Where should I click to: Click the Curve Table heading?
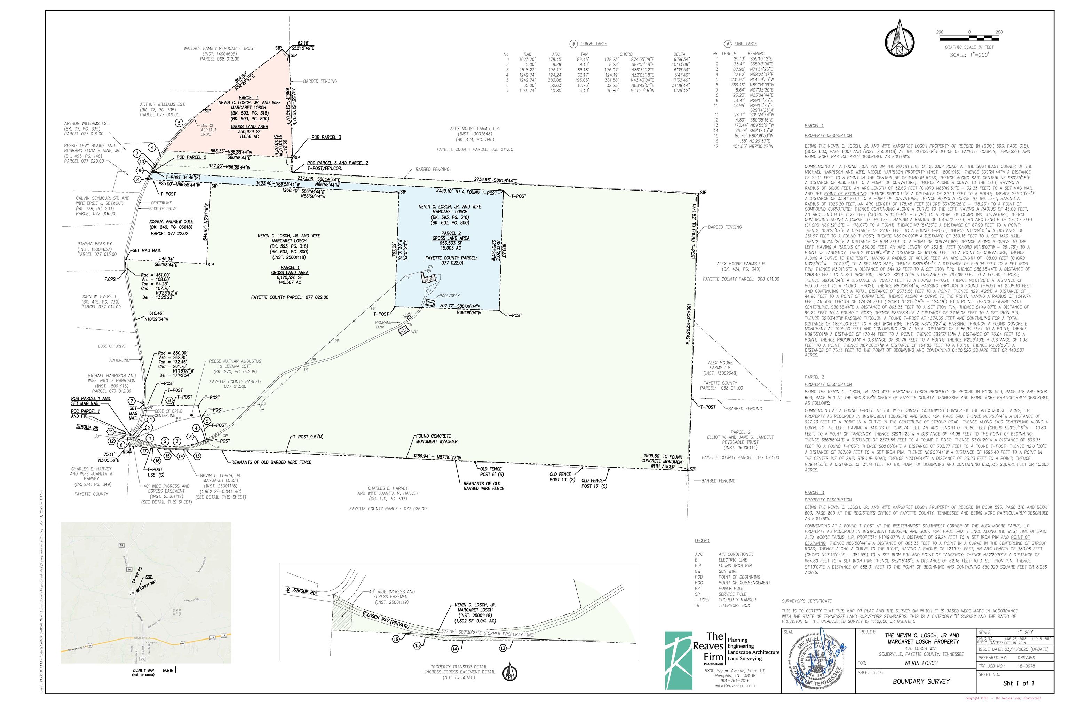point(593,44)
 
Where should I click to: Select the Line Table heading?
point(745,44)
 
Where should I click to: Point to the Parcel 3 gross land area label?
point(249,127)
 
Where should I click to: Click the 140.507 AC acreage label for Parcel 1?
point(289,282)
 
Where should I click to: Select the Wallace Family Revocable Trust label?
point(220,48)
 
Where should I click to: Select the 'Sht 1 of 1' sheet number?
point(1018,683)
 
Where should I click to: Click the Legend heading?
point(702,541)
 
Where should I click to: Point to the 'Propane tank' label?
point(383,325)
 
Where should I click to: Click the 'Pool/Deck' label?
point(450,296)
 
